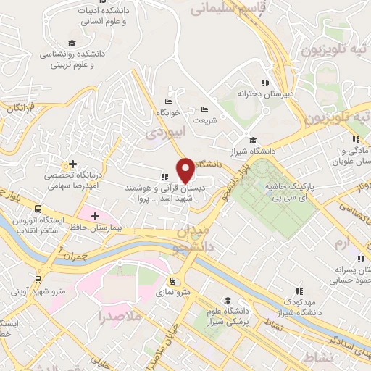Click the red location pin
pos(186,170)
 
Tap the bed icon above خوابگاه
pos(168,101)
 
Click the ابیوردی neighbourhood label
pos(161,133)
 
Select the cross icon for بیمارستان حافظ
pos(94,216)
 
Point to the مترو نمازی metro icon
pos(172,280)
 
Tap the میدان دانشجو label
pos(191,240)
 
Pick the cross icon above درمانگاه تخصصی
pos(72,164)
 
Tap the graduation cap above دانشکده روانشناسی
pos(70,43)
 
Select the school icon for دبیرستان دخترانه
pos(265,83)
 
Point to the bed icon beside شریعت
pos(204,109)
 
